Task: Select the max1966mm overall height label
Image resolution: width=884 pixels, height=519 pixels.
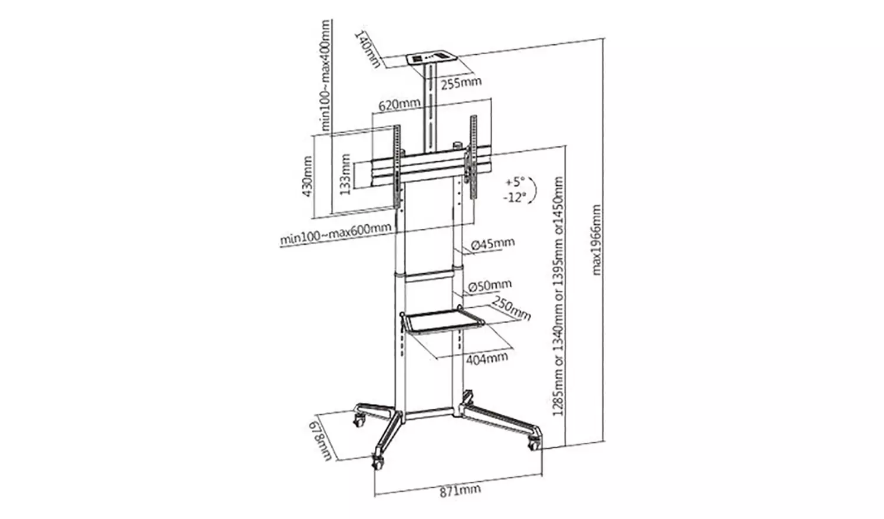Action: [x=597, y=240]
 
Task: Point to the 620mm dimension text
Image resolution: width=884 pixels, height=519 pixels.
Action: [x=399, y=106]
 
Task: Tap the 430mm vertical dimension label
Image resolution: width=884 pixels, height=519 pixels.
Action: [x=307, y=177]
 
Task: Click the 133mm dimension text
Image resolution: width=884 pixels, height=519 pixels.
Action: [x=346, y=175]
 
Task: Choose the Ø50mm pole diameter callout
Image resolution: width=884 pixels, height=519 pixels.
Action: [x=490, y=286]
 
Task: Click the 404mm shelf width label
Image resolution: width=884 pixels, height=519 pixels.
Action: [x=486, y=358]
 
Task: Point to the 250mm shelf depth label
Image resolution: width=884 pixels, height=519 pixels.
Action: [x=511, y=308]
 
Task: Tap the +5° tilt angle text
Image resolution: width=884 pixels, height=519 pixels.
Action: [x=514, y=182]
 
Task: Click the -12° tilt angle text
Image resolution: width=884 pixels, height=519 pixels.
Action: [x=514, y=197]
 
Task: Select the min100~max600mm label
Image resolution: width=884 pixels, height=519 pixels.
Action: [x=335, y=234]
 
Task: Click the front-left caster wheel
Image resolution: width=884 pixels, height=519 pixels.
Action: [x=378, y=462]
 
